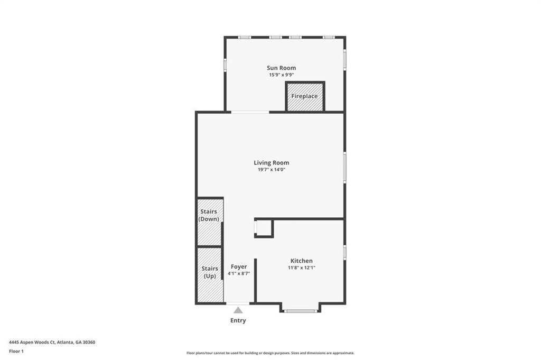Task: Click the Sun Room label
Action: coord(281,68)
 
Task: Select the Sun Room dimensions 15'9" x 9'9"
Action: coord(281,75)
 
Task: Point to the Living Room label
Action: coord(271,163)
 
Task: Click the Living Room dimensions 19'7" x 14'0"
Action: coord(271,170)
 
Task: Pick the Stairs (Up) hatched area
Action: coord(209,275)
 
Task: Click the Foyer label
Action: coord(239,267)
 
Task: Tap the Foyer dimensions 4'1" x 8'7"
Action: coord(239,274)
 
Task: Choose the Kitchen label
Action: coord(301,261)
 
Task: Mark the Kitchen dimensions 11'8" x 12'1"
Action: coord(301,268)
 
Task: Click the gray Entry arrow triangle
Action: coord(238,310)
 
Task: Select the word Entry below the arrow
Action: coord(238,321)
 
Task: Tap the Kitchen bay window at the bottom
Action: coord(300,311)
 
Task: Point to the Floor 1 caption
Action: coord(16,351)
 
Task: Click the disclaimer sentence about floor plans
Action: coord(270,353)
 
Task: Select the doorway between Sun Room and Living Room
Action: coord(250,112)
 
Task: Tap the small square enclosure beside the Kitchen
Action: coord(264,228)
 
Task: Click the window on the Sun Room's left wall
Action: coord(225,64)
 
